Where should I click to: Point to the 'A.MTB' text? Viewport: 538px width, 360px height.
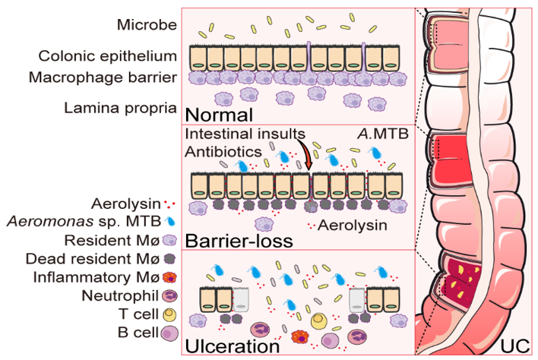click(384, 134)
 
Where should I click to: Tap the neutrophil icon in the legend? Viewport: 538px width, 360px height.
click(170, 295)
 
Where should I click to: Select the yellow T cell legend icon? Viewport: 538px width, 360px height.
click(170, 314)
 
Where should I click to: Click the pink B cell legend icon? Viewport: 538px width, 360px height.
click(170, 332)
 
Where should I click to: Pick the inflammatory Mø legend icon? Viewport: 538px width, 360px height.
click(170, 276)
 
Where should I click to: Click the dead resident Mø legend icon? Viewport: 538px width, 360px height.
click(170, 258)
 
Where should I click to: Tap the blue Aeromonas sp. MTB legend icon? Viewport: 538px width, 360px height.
click(170, 222)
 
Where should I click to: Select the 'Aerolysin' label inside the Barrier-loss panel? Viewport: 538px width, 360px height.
click(352, 225)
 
